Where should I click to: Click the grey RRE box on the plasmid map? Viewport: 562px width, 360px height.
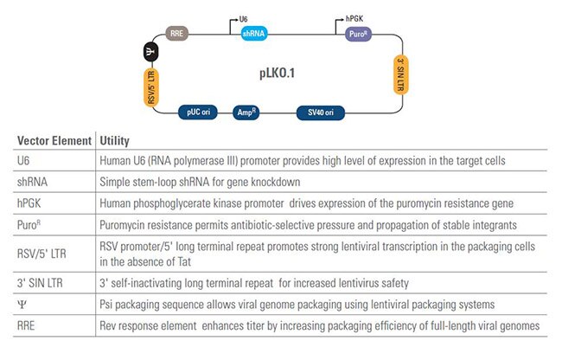click(177, 34)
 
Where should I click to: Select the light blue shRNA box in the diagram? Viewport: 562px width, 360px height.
click(253, 34)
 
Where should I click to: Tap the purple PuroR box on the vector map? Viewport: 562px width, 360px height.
click(358, 34)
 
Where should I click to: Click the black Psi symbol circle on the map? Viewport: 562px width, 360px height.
click(151, 52)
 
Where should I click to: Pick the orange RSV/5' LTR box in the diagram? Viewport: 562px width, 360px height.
click(151, 87)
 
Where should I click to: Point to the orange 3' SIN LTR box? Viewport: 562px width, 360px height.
click(400, 75)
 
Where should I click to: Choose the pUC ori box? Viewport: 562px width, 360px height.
click(198, 112)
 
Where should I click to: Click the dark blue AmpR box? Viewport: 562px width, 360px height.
click(246, 112)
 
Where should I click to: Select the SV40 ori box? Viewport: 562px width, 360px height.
click(321, 112)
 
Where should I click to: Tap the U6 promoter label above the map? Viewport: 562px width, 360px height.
click(243, 19)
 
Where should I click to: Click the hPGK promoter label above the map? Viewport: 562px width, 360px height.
click(354, 19)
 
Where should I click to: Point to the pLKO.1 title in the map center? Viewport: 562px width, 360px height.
click(277, 74)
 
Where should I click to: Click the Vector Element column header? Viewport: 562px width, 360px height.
click(54, 140)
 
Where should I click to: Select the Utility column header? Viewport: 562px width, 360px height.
click(114, 140)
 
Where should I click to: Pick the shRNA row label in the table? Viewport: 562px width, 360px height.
click(32, 182)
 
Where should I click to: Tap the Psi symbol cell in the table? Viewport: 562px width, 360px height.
click(22, 305)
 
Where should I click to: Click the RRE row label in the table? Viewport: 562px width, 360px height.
click(26, 325)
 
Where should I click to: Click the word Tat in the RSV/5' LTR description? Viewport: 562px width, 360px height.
click(184, 261)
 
